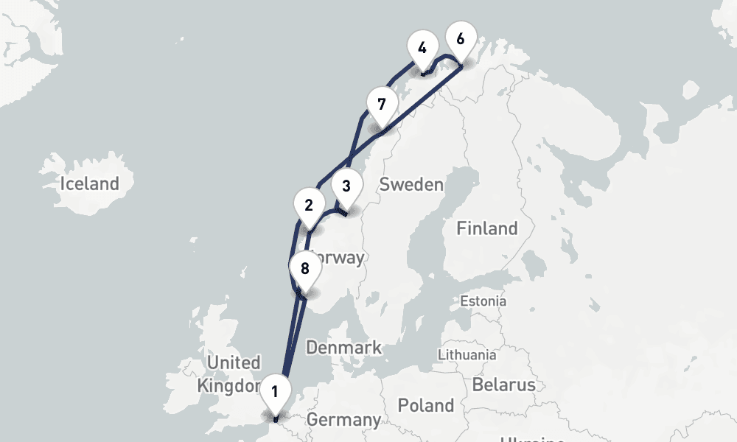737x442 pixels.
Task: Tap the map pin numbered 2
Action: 309,205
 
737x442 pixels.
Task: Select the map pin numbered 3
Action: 346,186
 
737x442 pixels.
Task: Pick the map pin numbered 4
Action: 422,49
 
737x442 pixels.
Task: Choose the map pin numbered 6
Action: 461,39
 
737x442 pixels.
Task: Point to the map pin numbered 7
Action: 381,103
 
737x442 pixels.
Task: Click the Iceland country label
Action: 90,183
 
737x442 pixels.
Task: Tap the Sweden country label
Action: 411,184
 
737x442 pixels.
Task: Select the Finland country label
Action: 486,228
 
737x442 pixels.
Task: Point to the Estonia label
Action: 483,301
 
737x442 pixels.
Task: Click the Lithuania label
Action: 467,354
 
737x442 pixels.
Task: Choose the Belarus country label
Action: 503,385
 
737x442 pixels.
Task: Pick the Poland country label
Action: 426,405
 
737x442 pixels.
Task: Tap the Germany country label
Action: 343,420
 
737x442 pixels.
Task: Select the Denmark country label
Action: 344,347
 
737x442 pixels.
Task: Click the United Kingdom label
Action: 230,373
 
